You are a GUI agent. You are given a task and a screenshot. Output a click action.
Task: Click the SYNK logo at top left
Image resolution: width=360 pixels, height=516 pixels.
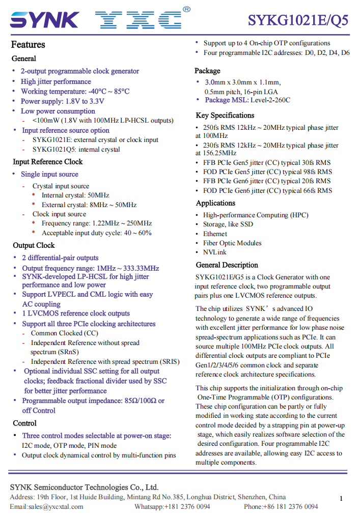[44, 20]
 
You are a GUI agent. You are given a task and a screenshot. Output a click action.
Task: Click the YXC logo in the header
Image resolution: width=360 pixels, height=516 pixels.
[138, 20]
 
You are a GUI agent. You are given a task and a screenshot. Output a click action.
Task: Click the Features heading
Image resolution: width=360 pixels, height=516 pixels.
[28, 45]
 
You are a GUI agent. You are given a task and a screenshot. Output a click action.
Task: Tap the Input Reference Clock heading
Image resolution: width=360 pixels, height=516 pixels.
[48, 162]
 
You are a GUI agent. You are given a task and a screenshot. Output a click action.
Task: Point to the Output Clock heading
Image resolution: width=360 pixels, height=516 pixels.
[34, 245]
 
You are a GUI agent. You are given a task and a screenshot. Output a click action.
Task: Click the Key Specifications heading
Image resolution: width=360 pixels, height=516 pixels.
[225, 116]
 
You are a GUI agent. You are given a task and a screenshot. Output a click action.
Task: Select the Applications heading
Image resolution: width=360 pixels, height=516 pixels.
[215, 203]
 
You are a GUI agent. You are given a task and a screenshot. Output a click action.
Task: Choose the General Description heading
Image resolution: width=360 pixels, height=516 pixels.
[227, 265]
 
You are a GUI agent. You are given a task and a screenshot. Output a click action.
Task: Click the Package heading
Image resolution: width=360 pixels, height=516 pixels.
[207, 71]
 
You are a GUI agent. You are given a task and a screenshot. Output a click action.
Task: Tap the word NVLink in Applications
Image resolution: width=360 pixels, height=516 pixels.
[215, 252]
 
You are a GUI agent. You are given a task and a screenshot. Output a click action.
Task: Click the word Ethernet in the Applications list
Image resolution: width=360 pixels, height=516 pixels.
[215, 234]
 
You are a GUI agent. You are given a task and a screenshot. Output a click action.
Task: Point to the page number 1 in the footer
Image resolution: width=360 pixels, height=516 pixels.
[341, 498]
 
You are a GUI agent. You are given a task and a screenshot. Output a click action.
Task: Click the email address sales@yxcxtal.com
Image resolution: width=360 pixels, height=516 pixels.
[56, 506]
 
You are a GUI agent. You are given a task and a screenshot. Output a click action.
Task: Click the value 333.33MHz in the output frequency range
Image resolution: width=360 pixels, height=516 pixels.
[142, 268]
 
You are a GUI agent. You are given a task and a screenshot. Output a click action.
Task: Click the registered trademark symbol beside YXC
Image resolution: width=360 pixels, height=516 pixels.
[186, 9]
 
